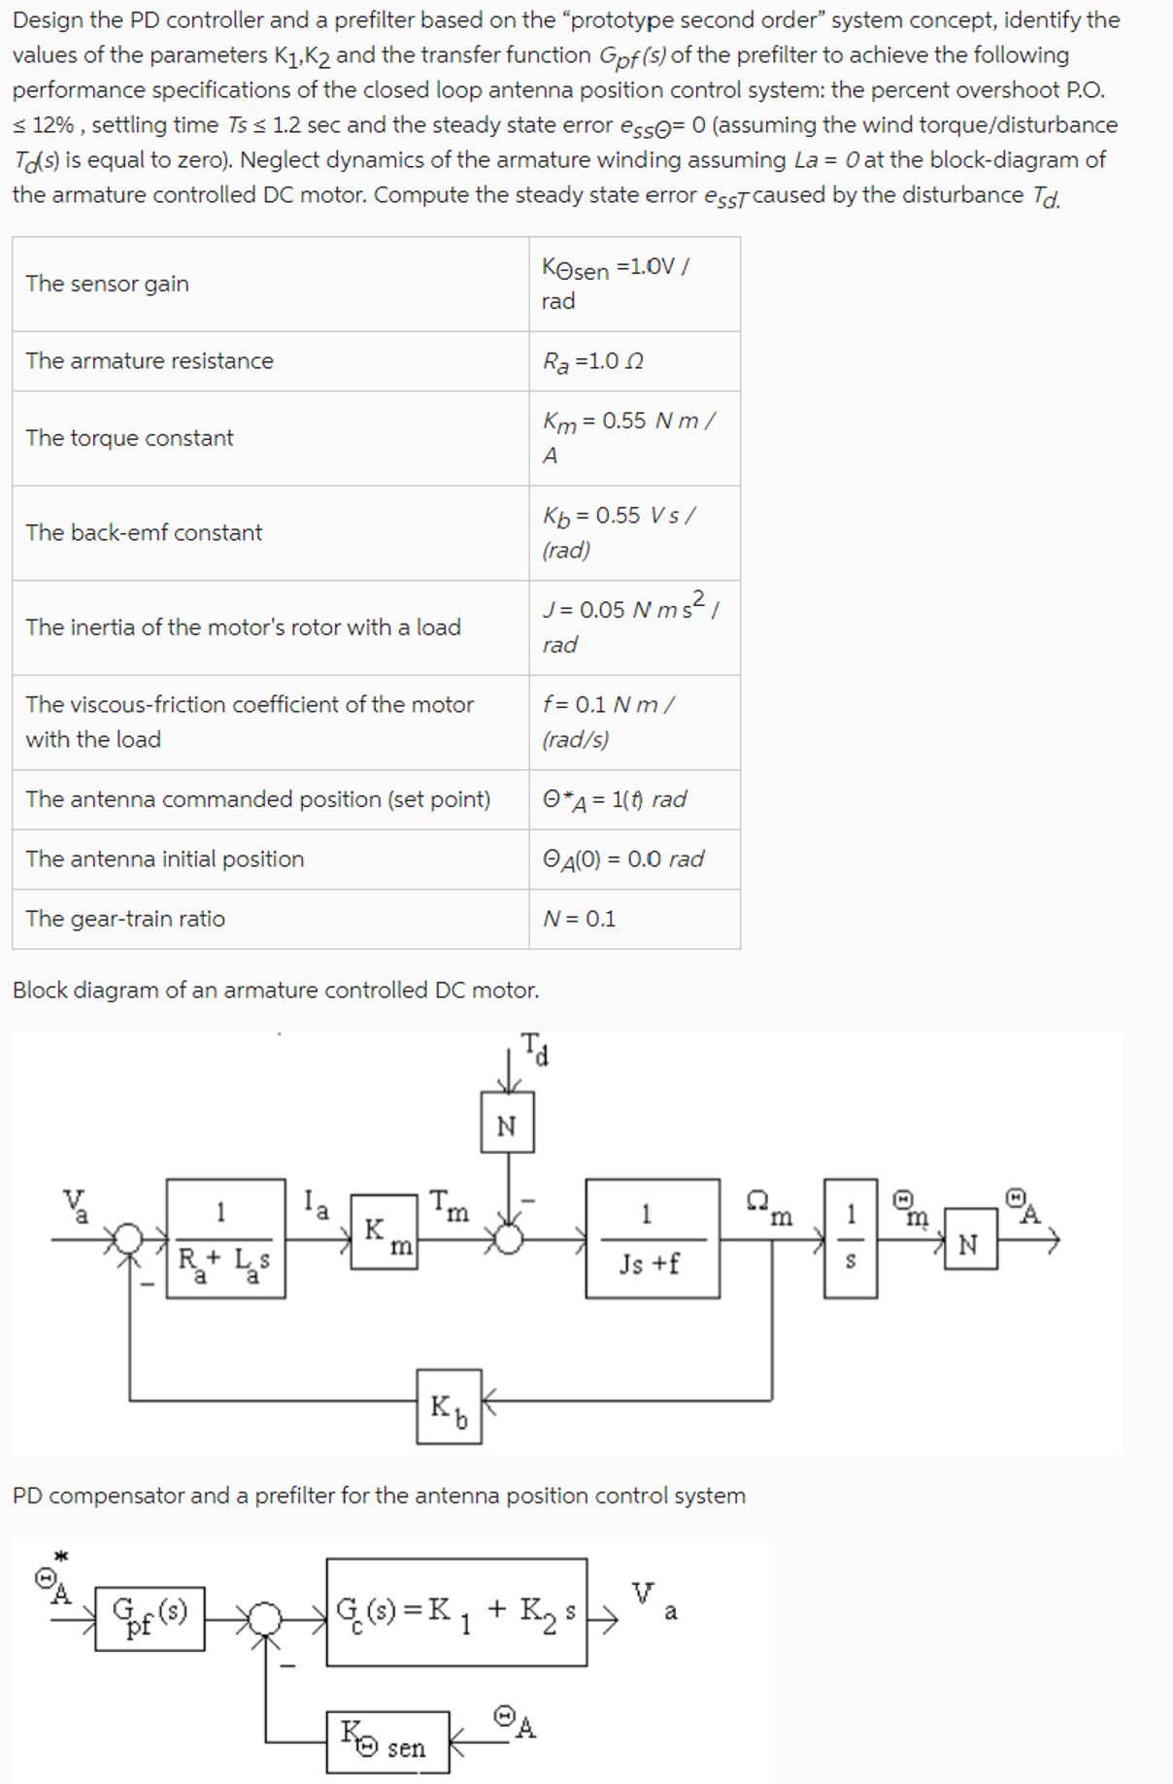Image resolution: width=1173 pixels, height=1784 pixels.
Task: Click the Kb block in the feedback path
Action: [449, 1406]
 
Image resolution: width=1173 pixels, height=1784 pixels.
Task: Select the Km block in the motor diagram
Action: [385, 1236]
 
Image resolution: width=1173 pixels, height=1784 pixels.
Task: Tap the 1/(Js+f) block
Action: [653, 1238]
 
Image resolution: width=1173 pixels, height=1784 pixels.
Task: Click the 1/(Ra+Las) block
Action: [226, 1238]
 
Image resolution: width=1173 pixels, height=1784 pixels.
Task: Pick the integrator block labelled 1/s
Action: [851, 1238]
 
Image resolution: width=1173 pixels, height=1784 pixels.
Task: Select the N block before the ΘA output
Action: [969, 1244]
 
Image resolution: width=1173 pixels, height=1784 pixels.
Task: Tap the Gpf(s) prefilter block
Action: [151, 1617]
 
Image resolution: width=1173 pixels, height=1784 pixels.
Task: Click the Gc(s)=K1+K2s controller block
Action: [456, 1612]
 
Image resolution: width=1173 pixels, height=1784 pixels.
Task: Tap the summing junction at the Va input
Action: [129, 1239]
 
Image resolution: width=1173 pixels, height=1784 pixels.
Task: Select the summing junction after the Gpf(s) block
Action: [264, 1618]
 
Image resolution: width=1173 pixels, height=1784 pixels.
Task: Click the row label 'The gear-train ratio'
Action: [125, 919]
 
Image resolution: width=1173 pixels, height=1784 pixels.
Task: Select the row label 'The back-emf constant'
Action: [144, 532]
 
